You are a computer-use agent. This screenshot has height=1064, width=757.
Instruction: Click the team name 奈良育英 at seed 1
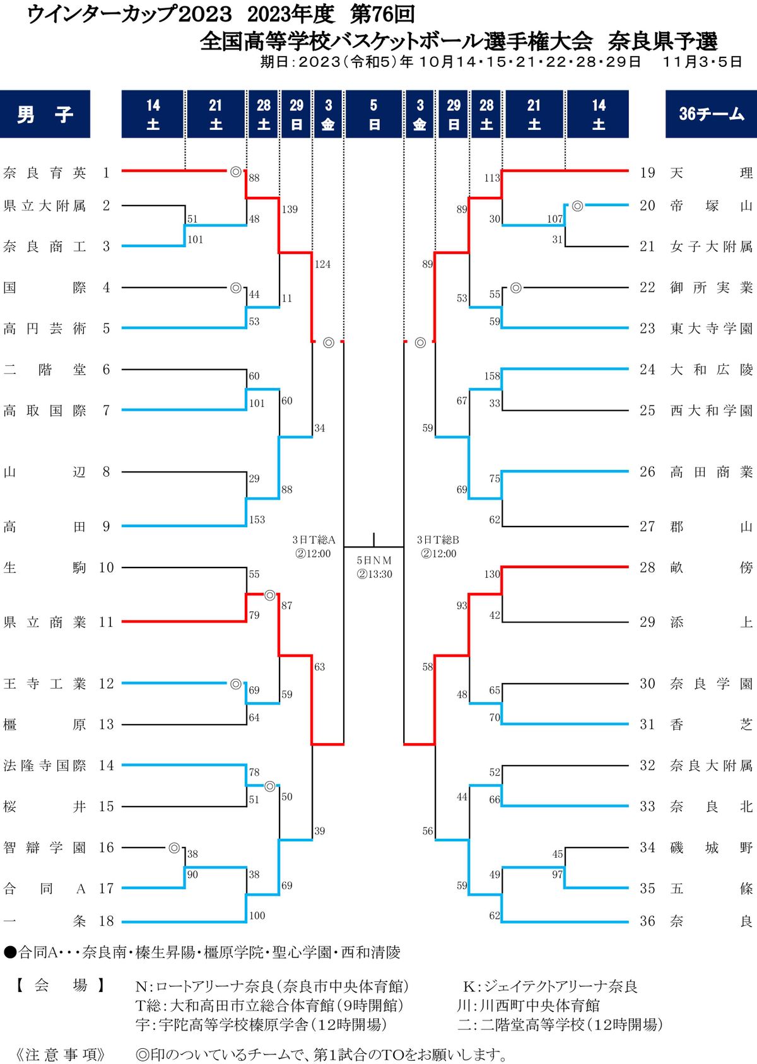[x=44, y=173]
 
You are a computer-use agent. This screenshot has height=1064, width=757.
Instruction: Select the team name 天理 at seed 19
[x=711, y=173]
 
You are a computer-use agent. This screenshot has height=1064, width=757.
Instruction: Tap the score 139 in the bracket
[x=290, y=209]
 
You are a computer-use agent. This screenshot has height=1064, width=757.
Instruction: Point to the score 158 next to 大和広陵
[x=492, y=376]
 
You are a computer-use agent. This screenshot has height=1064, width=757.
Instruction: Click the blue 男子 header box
[x=45, y=114]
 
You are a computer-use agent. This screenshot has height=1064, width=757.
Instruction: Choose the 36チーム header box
[x=711, y=114]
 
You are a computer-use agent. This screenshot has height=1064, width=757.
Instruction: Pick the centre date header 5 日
[x=373, y=114]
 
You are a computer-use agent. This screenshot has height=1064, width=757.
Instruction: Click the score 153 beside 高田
[x=257, y=520]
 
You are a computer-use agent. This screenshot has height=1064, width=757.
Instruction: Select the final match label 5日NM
[x=374, y=560]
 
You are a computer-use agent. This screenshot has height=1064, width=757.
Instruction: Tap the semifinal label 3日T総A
[x=314, y=540]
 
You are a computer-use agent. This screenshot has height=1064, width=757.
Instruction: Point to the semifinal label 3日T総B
[x=438, y=540]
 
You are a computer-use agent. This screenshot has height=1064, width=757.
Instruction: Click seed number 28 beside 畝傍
[x=647, y=568]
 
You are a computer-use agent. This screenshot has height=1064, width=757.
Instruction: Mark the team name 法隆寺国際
[x=44, y=766]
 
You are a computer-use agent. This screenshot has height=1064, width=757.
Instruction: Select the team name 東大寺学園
[x=711, y=329]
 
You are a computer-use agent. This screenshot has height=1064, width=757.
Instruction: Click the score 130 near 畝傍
[x=492, y=574]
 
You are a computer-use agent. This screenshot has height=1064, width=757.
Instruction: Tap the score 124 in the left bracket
[x=322, y=264]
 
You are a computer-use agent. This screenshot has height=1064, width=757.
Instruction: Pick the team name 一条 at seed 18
[x=44, y=921]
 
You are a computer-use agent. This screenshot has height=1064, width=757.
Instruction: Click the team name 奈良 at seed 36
[x=711, y=921]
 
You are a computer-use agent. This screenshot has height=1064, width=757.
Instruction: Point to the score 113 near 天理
[x=492, y=178]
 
